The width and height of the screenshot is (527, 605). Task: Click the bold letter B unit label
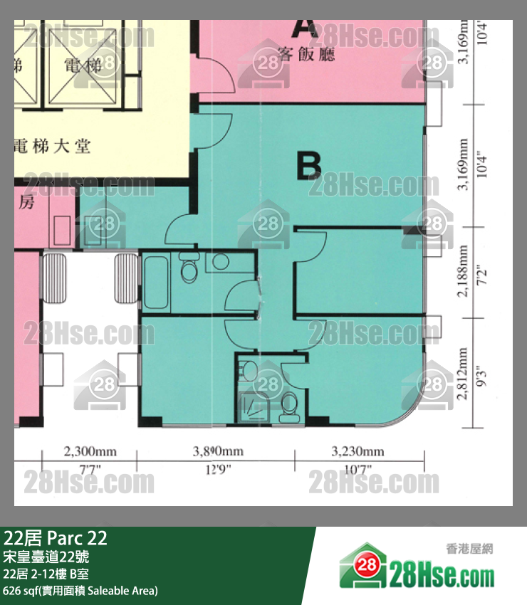[309, 165]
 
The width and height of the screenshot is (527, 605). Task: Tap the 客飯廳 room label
[306, 54]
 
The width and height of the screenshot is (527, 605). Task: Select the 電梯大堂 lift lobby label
[51, 147]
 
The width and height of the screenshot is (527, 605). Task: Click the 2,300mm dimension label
[90, 451]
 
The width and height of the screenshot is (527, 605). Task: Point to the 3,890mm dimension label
[219, 451]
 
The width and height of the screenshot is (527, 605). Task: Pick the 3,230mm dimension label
[358, 451]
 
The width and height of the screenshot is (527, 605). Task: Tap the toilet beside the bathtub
[189, 268]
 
